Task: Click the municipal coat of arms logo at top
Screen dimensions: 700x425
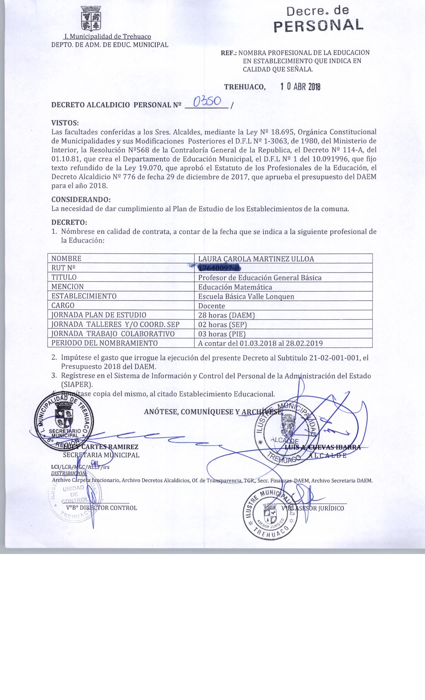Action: tap(90, 19)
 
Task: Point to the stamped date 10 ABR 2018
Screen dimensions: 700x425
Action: tap(300, 87)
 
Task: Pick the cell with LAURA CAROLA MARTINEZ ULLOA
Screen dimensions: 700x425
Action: tap(256, 259)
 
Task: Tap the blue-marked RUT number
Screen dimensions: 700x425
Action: tap(219, 268)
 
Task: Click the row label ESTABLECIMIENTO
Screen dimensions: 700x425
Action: tap(84, 296)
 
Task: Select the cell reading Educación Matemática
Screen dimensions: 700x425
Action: tap(235, 287)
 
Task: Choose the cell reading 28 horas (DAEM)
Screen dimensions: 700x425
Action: tap(226, 315)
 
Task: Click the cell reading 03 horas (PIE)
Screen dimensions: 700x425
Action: tap(222, 334)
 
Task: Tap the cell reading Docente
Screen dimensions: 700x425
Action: tap(212, 306)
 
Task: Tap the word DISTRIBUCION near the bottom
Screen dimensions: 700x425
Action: tap(68, 473)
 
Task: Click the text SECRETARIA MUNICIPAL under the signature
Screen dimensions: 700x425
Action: tap(101, 455)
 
